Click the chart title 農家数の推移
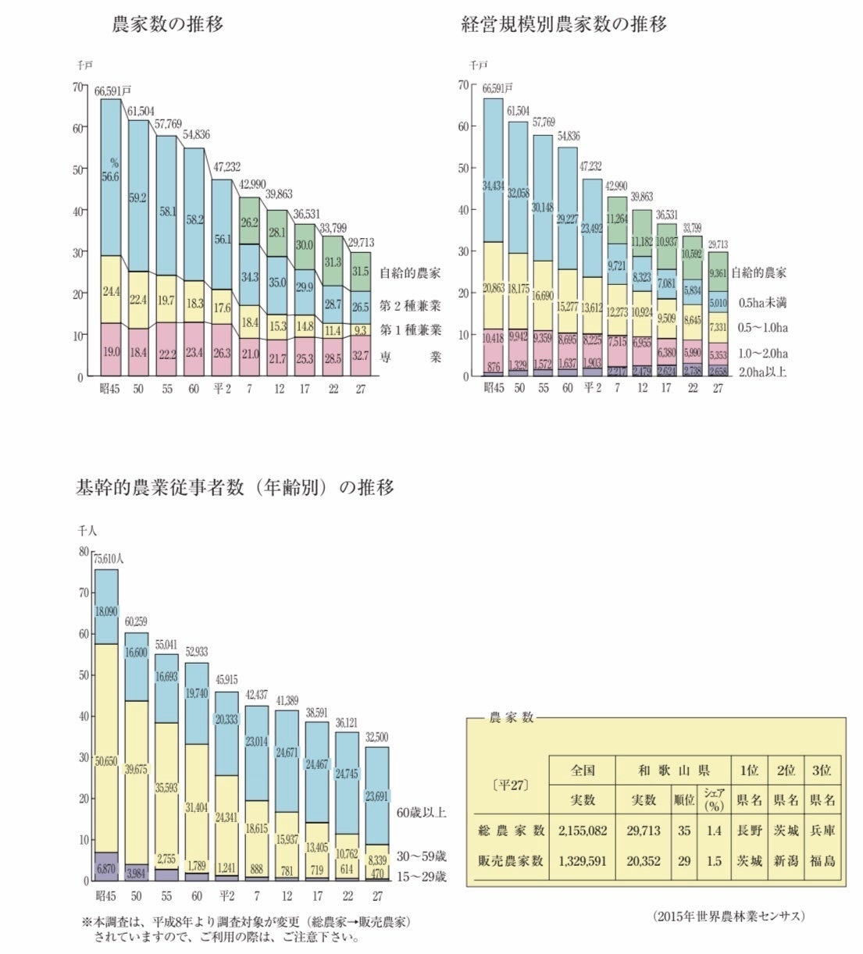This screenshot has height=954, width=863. [x=168, y=25]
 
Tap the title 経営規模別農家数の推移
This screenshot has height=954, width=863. [x=564, y=25]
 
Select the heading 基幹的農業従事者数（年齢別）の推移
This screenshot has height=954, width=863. [x=234, y=488]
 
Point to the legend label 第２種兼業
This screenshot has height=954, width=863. [x=410, y=305]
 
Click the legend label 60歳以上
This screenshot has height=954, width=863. [x=422, y=813]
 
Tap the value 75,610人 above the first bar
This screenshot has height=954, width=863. [x=109, y=559]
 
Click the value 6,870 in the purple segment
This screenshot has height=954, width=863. [x=106, y=868]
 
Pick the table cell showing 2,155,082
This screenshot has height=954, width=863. [x=583, y=831]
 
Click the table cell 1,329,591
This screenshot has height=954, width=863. [x=583, y=860]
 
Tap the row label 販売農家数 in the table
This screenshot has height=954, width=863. [x=511, y=860]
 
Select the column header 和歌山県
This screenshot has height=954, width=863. [x=672, y=771]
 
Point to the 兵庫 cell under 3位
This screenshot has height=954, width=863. [x=822, y=831]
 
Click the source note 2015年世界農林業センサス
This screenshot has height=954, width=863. [x=730, y=916]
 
